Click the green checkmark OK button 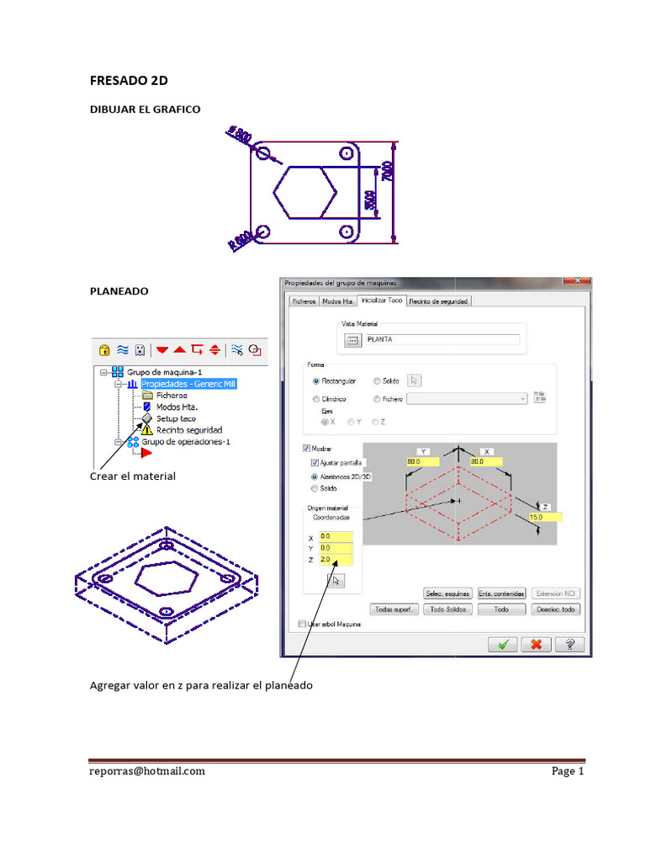502,644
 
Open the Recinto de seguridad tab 439,301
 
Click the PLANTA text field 442,340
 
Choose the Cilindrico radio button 315,399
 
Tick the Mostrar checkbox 306,449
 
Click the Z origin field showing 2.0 336,560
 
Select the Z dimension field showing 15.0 543,518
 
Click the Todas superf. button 394,609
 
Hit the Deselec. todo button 556,609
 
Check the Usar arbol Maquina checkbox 303,624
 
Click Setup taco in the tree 176,418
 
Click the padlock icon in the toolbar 104,349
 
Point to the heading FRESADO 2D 129,81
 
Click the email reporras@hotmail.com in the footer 147,770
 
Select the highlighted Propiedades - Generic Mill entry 188,384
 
